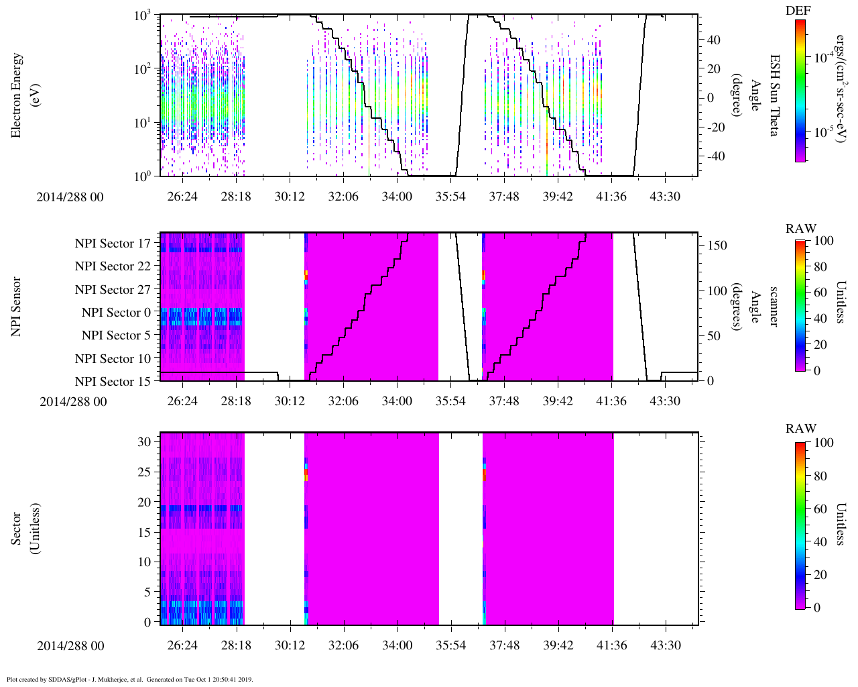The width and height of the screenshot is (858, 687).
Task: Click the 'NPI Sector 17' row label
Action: coord(113,244)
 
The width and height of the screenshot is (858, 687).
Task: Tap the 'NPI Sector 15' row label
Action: coord(113,382)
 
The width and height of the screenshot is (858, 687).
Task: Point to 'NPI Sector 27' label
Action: coord(113,290)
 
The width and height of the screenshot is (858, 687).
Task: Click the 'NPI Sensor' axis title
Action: coord(16,307)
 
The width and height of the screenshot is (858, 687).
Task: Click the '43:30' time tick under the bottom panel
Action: coord(665,645)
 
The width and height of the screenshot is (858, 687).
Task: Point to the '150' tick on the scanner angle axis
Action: coord(717,246)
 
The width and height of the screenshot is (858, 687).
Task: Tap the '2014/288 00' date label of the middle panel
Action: coord(73,402)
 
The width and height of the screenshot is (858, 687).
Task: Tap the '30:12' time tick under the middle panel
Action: coord(290,401)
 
